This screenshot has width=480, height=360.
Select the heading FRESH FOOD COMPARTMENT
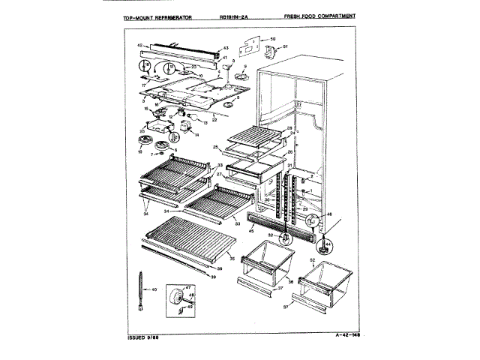320,16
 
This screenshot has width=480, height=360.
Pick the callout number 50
273,37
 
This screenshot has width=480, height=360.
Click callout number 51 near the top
285,46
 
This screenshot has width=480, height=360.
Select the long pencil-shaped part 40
139,289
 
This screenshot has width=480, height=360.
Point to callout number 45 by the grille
252,231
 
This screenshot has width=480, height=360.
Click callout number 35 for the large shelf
232,259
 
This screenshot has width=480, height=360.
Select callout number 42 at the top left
139,46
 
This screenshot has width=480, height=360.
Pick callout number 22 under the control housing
214,120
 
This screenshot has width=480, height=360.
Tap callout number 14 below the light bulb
197,136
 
